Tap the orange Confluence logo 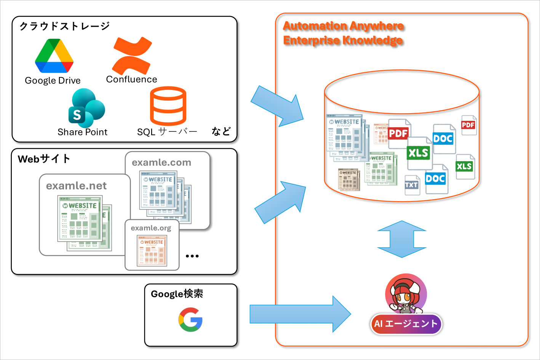tap(132, 56)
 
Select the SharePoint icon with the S tap(86, 109)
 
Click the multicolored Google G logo tap(190, 320)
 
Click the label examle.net tap(76, 186)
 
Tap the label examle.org tap(151, 228)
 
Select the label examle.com tap(161, 163)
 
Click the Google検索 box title tap(177, 294)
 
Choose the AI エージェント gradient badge tap(406, 324)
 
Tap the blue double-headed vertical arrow tap(402, 239)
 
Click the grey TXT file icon tap(412, 185)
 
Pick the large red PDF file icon tap(399, 133)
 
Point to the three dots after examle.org tap(192, 256)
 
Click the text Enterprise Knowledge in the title tap(343, 40)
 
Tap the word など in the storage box tap(221, 132)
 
